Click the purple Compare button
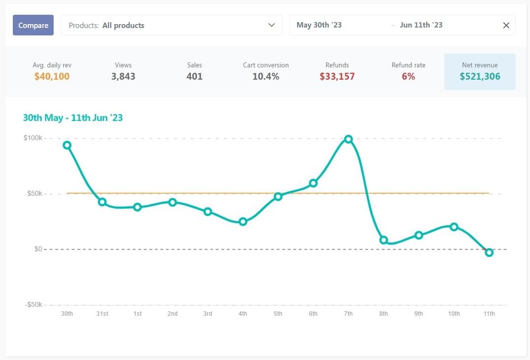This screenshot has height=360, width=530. pos(33,25)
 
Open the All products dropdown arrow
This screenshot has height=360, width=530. pos(271,25)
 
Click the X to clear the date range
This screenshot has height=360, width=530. pos(506,25)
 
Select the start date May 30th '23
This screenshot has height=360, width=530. pos(319,25)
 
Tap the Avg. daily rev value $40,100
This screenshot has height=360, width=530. pos(52,76)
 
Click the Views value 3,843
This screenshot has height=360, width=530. pos(123,76)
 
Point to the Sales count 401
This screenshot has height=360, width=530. pos(194,76)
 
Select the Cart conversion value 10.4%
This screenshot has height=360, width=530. pos(266,76)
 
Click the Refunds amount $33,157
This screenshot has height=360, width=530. pos(337,76)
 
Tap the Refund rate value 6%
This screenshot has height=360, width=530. pos(408,76)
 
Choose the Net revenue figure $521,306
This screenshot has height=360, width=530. pos(480,76)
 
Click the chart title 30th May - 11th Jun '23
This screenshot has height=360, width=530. pos(73,118)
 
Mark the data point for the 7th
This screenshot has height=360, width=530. pos(348,139)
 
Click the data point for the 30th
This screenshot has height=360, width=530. pos(67,145)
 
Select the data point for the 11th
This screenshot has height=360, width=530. pos(489,252)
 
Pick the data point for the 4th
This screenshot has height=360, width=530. pos(243,222)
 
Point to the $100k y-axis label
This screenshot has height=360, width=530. pos(33,138)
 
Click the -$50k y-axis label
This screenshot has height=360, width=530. pos(33,305)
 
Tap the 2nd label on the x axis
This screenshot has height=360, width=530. pos(172,314)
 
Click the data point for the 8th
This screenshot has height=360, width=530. pos(383,240)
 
